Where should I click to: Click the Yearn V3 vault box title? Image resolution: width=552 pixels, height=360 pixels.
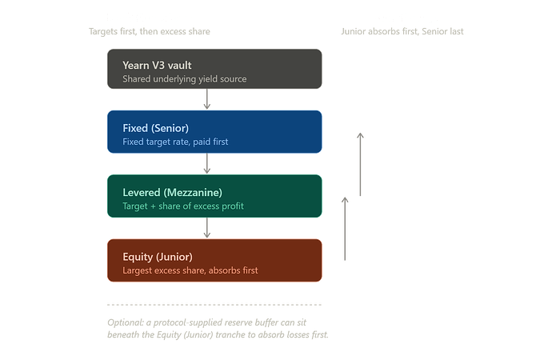[157, 66]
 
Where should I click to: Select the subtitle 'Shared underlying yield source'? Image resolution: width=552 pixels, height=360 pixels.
[185, 79]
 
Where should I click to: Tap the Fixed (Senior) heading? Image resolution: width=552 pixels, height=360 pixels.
[156, 128]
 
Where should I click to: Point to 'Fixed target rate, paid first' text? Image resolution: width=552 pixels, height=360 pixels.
[175, 142]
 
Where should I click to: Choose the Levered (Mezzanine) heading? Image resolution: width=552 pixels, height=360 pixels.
[173, 193]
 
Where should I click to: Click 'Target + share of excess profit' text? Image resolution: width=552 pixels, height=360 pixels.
[183, 206]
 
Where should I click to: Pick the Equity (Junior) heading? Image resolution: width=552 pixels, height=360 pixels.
[158, 257]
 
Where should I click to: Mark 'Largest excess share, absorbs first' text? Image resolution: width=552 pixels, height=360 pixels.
[190, 270]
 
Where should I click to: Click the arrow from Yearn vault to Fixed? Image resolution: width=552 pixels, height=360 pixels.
[207, 99]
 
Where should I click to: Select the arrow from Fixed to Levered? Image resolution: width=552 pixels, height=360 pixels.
[207, 163]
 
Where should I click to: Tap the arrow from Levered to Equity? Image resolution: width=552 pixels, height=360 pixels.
[207, 228]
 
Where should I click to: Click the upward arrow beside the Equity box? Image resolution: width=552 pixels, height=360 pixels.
[345, 229]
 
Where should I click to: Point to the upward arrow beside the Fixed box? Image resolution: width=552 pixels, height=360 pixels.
[360, 164]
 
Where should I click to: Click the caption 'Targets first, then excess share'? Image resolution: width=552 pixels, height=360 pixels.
[150, 32]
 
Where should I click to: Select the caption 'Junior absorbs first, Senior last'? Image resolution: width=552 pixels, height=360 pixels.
[402, 32]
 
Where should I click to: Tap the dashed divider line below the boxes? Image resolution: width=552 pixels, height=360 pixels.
[214, 305]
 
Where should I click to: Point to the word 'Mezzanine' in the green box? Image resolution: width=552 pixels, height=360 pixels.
[194, 193]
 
